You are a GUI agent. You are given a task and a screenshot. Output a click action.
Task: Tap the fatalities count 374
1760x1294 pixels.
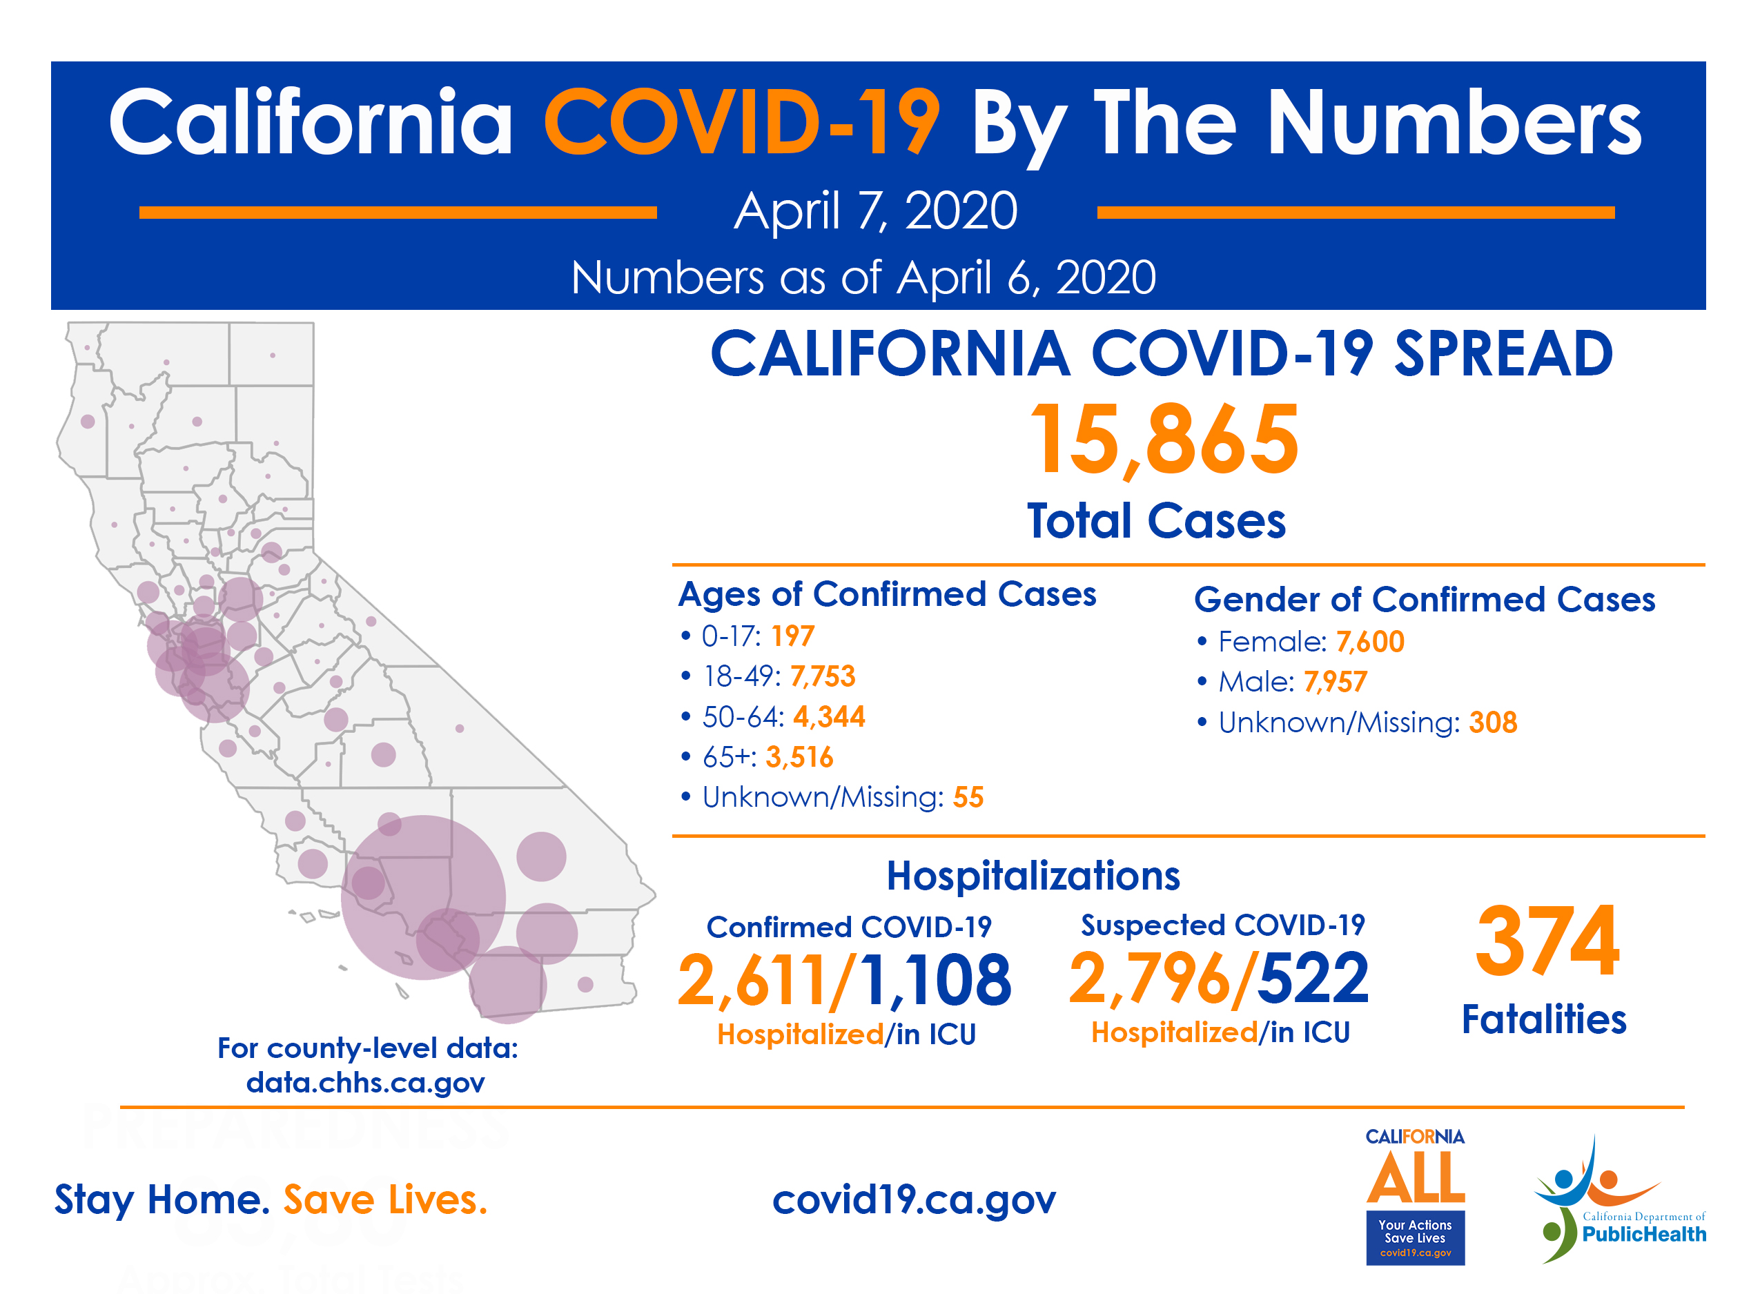point(1547,941)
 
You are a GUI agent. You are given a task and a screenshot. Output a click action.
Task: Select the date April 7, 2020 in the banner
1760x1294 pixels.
point(876,210)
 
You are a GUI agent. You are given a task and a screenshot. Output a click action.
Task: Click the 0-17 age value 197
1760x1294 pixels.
point(792,636)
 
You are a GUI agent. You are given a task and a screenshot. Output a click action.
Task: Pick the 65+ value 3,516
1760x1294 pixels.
point(799,758)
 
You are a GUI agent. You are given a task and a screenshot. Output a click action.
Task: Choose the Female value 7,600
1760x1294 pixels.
point(1370,643)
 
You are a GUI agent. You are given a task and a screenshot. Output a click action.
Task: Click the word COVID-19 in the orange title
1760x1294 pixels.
point(742,122)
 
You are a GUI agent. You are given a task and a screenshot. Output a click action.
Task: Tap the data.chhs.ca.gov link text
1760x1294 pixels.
point(365,1084)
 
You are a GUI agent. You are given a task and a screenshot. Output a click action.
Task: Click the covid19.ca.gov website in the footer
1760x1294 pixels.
point(914,1199)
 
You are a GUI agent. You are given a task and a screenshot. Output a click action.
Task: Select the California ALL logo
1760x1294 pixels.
point(1416,1195)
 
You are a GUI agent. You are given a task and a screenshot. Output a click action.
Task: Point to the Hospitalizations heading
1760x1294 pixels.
point(1033,876)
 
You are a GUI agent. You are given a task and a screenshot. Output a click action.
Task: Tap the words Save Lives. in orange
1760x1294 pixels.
point(385,1200)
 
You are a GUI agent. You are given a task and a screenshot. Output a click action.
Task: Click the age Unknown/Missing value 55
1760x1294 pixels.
point(968,797)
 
